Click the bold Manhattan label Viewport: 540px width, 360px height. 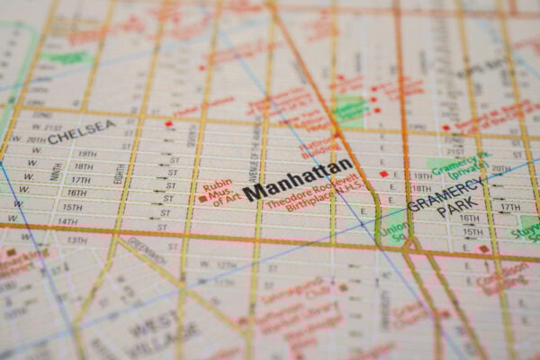click(298, 180)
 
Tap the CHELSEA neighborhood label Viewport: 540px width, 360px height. click(80, 131)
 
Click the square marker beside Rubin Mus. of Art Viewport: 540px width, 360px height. click(202, 198)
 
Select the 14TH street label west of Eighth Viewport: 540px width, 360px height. click(67, 220)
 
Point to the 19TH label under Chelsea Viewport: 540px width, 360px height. click(86, 154)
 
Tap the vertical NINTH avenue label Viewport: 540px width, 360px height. click(57, 170)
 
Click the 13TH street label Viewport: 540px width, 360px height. click(77, 239)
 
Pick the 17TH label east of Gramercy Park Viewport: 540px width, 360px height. click(509, 207)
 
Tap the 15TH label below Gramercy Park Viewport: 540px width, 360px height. click(472, 232)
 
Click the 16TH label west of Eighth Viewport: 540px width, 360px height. click(76, 193)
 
